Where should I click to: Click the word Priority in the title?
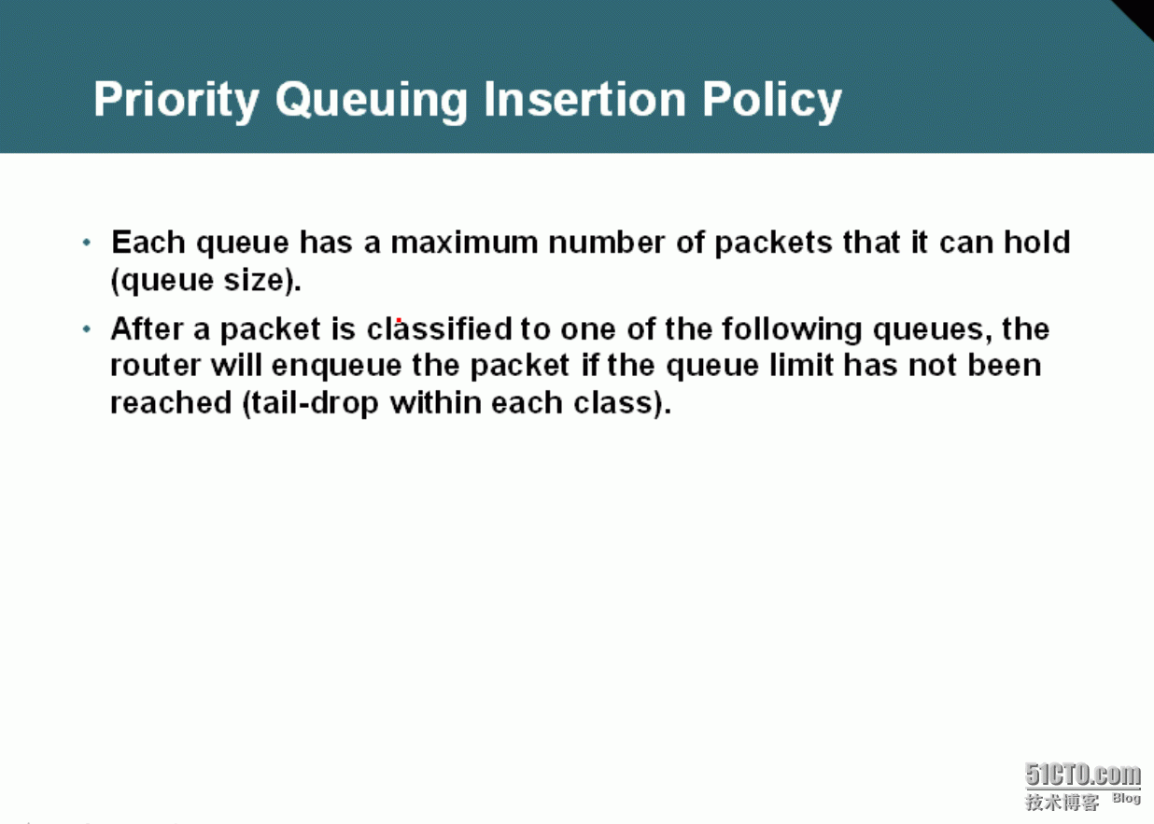pos(176,100)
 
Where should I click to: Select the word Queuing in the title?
pos(372,101)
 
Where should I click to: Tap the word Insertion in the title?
pos(584,99)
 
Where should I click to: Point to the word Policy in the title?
pos(772,101)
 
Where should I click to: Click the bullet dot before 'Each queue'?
pos(87,242)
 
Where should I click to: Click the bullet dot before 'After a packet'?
pos(87,328)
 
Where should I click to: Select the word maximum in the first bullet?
pos(464,242)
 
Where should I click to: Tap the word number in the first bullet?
pos(606,242)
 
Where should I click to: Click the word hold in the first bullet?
pos(1036,242)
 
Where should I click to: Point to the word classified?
pos(440,328)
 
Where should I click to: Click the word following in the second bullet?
pos(792,329)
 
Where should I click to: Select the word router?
pos(155,365)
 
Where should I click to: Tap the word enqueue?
pos(336,367)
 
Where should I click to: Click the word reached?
pos(171,402)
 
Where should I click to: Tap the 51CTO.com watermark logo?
pos(1082,775)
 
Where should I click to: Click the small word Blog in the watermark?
pos(1126,799)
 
